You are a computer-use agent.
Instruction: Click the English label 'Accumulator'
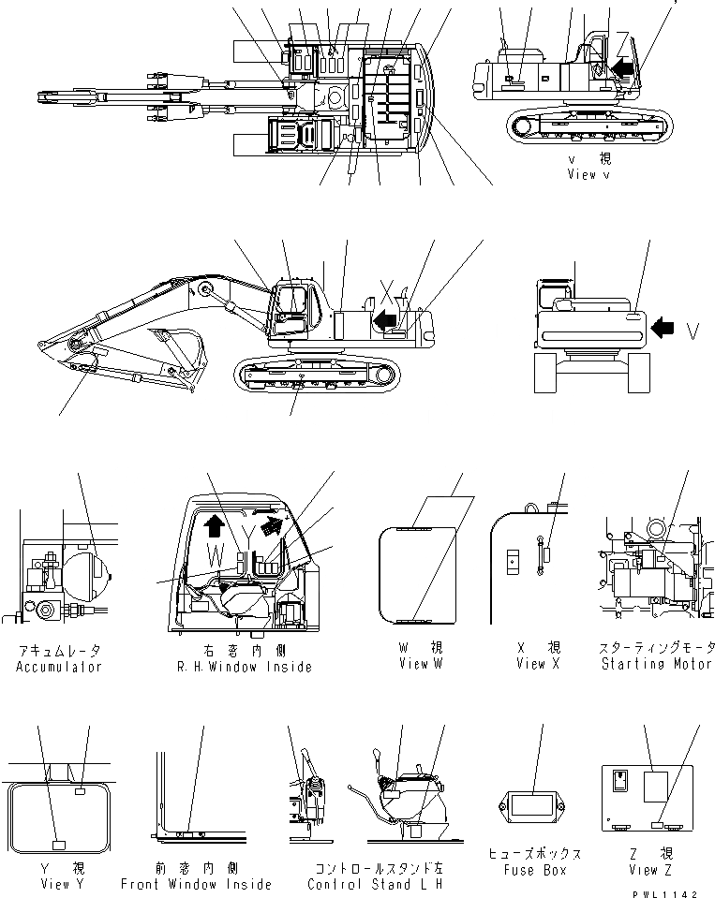58,667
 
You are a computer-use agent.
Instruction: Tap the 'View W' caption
420,664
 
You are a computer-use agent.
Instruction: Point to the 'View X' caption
538,664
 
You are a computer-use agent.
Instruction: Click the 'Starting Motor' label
656,664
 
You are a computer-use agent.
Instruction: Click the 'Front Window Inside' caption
196,884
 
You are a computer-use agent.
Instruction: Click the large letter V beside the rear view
693,330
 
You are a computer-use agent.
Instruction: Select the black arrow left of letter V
663,328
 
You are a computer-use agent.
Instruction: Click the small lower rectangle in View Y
58,845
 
